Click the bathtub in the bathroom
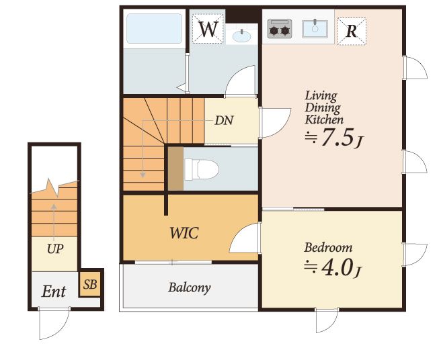coord(154,28)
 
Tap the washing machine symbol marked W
coord(208,29)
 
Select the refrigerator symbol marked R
coord(352,31)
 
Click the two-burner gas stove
coord(280,28)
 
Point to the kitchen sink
coord(315,29)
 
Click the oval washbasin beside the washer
coord(241,36)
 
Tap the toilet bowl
coord(202,169)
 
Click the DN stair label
coord(224,120)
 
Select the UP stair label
coord(55,249)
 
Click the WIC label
coord(184,233)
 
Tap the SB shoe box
coord(90,285)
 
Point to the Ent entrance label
coord(54,291)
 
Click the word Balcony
coord(190,288)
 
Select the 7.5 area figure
coord(335,137)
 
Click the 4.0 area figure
coord(337,268)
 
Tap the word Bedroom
coord(328,248)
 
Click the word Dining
coord(323,107)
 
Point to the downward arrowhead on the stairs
coord(143,175)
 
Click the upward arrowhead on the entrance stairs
coord(54,207)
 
